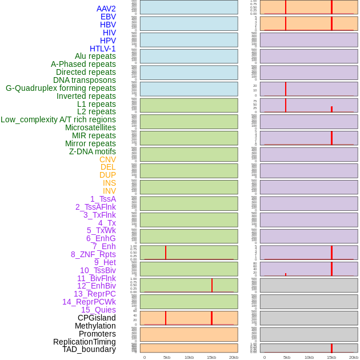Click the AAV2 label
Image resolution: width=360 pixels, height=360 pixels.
106,9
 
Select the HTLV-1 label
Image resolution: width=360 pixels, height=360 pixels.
103,49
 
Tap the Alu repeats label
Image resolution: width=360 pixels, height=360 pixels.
95,56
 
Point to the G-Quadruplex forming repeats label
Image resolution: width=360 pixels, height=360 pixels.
61,88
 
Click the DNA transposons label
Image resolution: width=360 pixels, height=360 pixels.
85,80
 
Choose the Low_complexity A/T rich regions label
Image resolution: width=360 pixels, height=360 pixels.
58,119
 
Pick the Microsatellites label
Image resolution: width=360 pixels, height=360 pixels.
90,127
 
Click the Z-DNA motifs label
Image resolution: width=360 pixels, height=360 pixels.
93,151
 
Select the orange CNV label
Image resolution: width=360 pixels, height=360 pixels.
107,159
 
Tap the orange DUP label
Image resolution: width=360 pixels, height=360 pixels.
107,175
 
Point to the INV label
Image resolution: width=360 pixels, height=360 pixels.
109,191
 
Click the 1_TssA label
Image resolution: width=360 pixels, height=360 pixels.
103,199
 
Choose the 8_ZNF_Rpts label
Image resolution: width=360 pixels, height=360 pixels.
93,254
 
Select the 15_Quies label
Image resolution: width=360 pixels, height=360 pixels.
98,310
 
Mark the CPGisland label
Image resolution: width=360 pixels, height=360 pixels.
97,318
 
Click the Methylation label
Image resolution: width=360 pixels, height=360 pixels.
95,326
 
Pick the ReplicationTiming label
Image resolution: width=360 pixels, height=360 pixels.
85,342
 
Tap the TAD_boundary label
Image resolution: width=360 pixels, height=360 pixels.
89,349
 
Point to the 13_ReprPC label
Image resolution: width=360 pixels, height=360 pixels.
95,294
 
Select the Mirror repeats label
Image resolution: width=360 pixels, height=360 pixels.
91,143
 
